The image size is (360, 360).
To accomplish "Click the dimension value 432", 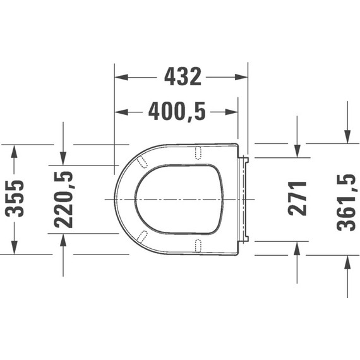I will tap(183, 77).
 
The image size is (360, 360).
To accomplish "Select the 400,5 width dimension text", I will tap(177, 112).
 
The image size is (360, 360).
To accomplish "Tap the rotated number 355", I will tap(18, 199).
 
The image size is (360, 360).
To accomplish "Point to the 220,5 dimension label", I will tap(64, 199).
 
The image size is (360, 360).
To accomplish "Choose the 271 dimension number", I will tap(297, 199).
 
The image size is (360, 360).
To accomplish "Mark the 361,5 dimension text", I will tap(347, 203).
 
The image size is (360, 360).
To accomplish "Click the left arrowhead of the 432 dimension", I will tap(121, 77).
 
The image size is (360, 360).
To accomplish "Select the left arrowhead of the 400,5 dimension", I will tap(121, 112).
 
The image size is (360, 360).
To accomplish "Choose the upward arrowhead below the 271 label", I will tap(297, 248).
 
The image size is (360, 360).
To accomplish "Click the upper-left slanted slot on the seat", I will tap(143, 160).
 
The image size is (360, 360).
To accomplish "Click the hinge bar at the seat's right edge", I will tap(244, 198).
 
